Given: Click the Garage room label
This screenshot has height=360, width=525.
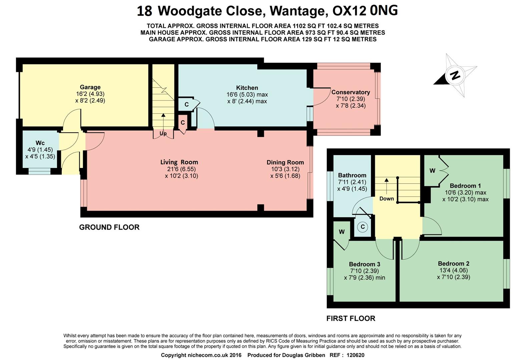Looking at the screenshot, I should [90, 87].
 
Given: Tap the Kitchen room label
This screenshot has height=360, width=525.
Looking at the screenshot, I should [247, 88].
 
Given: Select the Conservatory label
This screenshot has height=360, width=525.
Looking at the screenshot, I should [350, 92].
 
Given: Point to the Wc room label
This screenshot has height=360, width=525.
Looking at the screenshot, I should [40, 143].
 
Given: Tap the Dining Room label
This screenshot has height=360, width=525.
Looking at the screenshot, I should [285, 162].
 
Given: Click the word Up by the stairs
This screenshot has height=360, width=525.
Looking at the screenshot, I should [163, 133].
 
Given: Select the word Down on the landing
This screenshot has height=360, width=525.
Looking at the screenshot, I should [387, 199].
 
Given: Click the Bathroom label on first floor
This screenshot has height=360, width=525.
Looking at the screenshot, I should [352, 175].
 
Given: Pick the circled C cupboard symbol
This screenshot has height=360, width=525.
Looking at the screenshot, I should [363, 227].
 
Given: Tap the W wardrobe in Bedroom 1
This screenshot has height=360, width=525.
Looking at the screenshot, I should [432, 171].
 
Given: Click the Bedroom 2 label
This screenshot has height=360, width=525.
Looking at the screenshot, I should [453, 263].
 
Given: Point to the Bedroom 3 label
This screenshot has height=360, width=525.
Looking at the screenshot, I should [364, 264].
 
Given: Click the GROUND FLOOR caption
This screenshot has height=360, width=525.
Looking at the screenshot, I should [109, 227].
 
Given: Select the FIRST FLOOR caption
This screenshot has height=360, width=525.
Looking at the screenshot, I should [351, 318].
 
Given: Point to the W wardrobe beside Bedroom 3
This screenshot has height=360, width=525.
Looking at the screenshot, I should [342, 232].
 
